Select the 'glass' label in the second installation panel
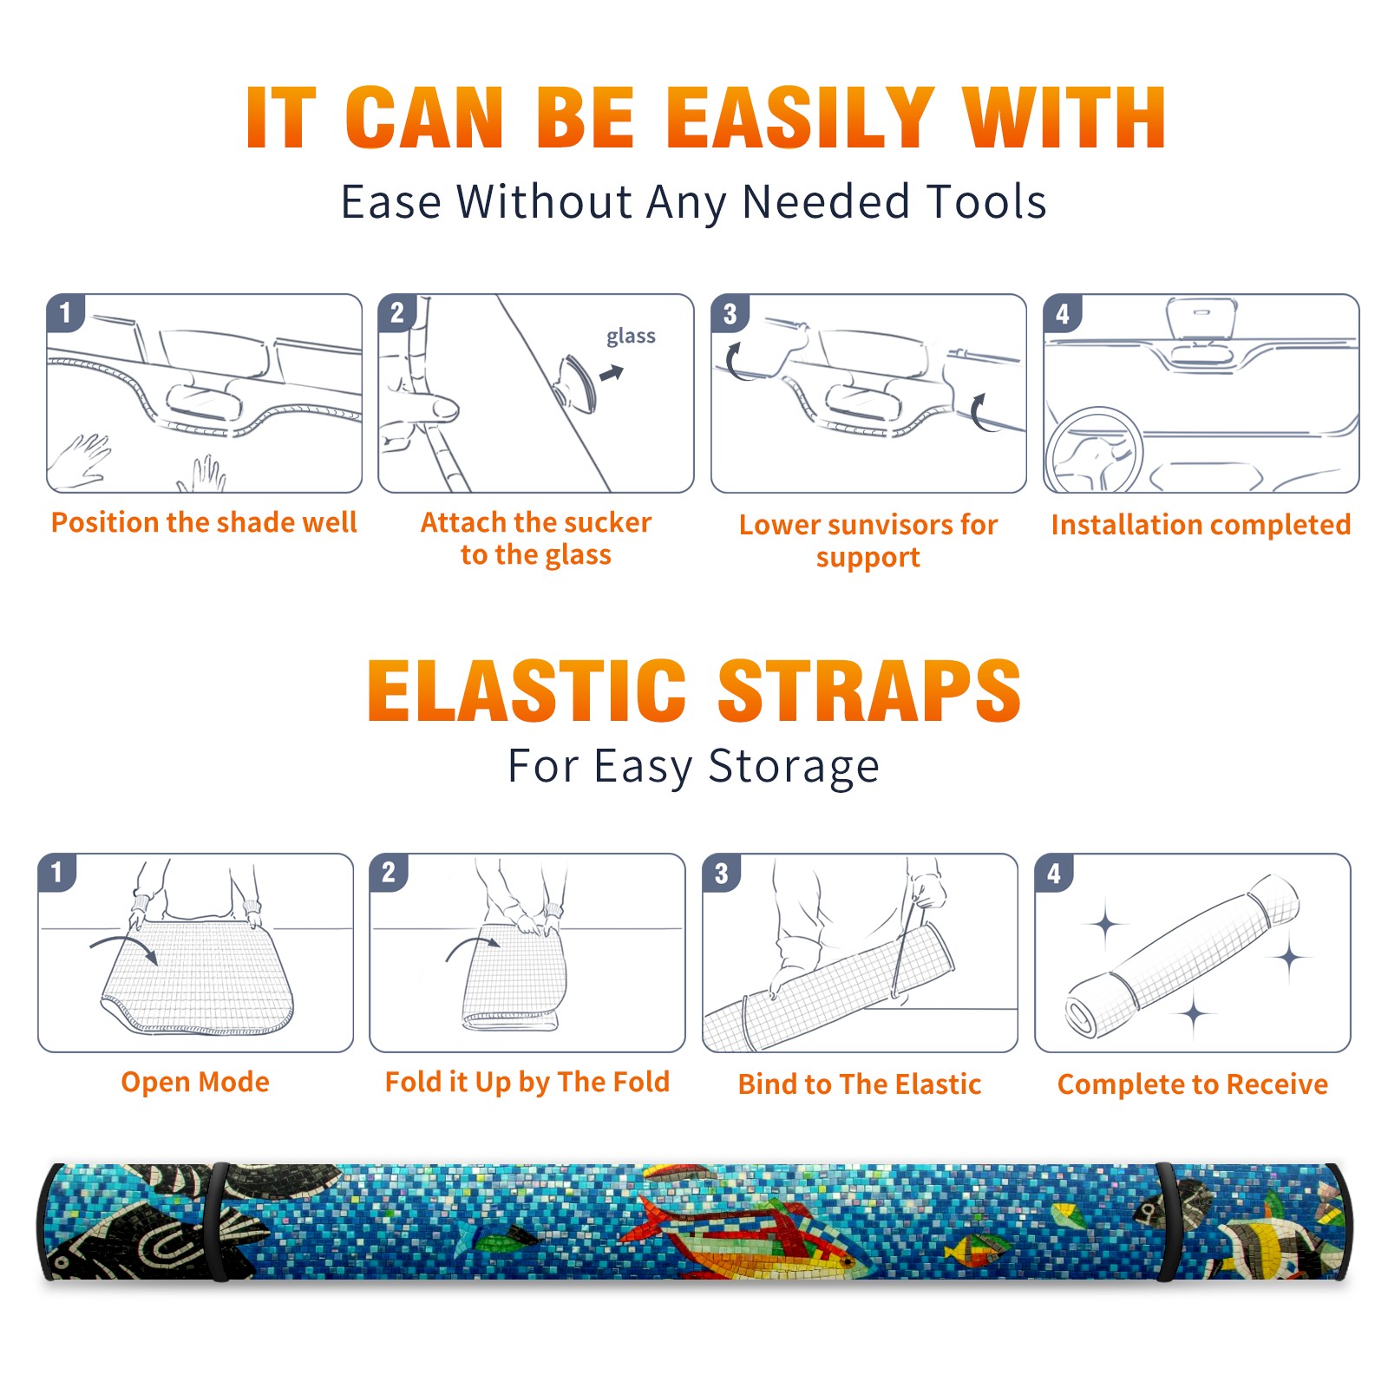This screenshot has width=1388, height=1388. coord(631,337)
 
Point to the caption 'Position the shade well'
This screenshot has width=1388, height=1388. coord(204,522)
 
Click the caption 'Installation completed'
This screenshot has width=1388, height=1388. coord(1201,524)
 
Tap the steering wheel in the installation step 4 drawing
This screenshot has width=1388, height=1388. coord(1094,449)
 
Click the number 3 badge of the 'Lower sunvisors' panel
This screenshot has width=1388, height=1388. coord(730,313)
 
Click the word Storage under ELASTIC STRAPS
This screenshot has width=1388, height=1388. coord(794,767)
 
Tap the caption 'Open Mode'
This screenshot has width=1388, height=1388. coord(195,1082)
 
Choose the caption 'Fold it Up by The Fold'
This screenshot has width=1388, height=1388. coord(527,1082)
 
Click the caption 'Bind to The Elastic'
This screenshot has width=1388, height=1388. coord(860,1084)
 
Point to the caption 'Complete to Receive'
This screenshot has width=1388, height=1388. coord(1193,1084)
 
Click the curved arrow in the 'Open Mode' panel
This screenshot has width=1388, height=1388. coord(122,943)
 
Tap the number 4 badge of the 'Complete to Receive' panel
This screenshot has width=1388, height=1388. coord(1053,873)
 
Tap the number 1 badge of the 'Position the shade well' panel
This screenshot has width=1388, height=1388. coord(65,313)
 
